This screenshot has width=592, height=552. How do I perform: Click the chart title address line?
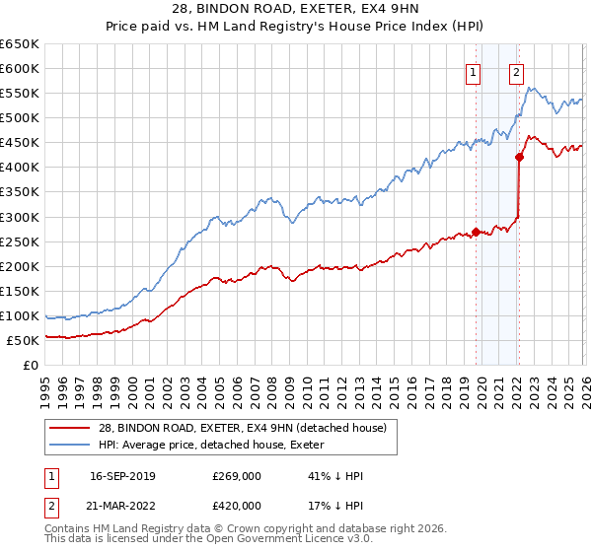pyautogui.click(x=295, y=11)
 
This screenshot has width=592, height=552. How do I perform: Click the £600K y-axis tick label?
pyautogui.click(x=20, y=68)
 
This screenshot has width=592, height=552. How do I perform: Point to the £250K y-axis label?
pyautogui.click(x=20, y=241)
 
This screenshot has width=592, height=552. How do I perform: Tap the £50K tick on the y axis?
pyautogui.click(x=24, y=340)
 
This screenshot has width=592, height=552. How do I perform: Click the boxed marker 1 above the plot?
pyautogui.click(x=474, y=71)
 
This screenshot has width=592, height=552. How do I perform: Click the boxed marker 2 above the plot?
pyautogui.click(x=517, y=71)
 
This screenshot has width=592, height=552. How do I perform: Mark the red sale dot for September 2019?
pyautogui.click(x=476, y=233)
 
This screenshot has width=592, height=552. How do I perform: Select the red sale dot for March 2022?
pyautogui.click(x=519, y=157)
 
